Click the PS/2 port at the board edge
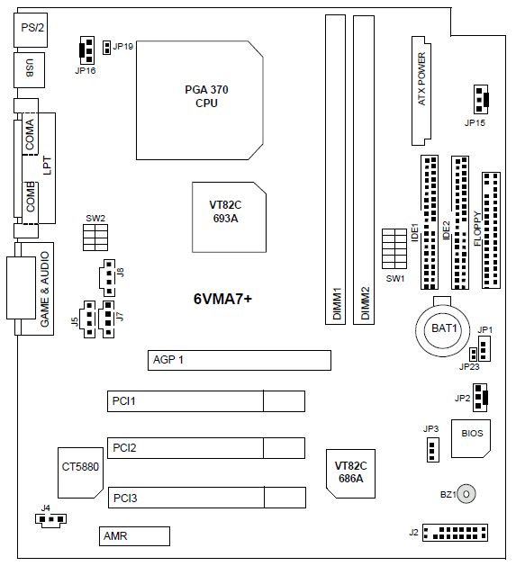[31, 30]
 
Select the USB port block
[30, 70]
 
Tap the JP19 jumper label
[123, 47]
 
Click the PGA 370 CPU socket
[200, 100]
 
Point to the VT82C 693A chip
[229, 217]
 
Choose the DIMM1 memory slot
[335, 170]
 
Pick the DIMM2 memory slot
[364, 170]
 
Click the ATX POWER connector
[421, 91]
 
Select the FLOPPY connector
[491, 230]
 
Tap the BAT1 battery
[443, 329]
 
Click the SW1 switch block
[394, 248]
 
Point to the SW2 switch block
[95, 238]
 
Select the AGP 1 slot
[240, 360]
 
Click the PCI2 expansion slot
[206, 448]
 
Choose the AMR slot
[134, 536]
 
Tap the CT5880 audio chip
[80, 472]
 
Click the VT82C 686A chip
[350, 473]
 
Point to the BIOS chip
[471, 438]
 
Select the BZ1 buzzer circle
[466, 494]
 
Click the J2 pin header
[455, 533]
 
